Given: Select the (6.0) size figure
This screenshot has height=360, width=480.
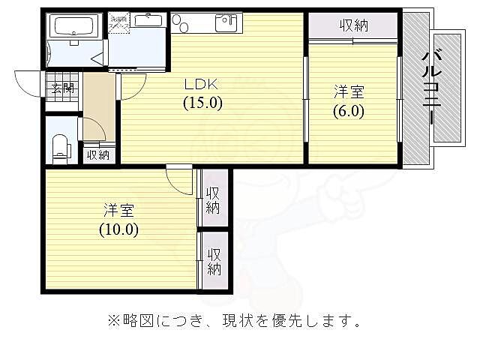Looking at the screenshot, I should (x=348, y=111).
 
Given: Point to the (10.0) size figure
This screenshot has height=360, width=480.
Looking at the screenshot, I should (x=118, y=229).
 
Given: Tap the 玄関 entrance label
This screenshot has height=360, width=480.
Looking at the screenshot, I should (x=62, y=88).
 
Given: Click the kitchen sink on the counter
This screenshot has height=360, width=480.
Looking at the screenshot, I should (x=226, y=23).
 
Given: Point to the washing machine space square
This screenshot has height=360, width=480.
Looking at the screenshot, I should (x=119, y=23).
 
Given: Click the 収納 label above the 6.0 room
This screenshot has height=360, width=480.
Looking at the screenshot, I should (x=353, y=25).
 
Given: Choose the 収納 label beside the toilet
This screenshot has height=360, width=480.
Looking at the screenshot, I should (x=98, y=155).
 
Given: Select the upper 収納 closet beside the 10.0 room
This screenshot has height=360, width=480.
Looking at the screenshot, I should (x=213, y=200).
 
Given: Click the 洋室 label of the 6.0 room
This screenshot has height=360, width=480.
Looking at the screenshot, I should (x=349, y=92).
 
